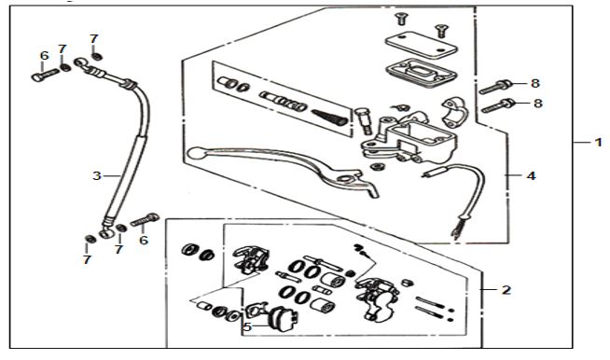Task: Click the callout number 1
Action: pos(598,143)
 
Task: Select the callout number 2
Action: pos(506,290)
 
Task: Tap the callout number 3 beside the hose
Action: pos(97,176)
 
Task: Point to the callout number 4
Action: pos(532,176)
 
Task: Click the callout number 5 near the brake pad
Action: pos(247,327)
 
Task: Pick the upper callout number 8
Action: pos(535,83)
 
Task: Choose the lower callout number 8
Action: pos(538,104)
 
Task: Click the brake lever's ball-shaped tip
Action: pos(194,153)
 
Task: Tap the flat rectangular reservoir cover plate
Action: pos(422,45)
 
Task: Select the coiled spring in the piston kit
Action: pos(329,117)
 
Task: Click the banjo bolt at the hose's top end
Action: pos(45,75)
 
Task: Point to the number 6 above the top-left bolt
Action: pos(45,56)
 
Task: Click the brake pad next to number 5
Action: pos(282,318)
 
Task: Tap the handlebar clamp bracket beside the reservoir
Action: pos(454,113)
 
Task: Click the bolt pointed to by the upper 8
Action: pos(495,87)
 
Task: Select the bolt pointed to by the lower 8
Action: pos(498,106)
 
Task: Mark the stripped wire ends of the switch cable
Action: pos(457,230)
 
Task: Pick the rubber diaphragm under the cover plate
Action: pos(422,73)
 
